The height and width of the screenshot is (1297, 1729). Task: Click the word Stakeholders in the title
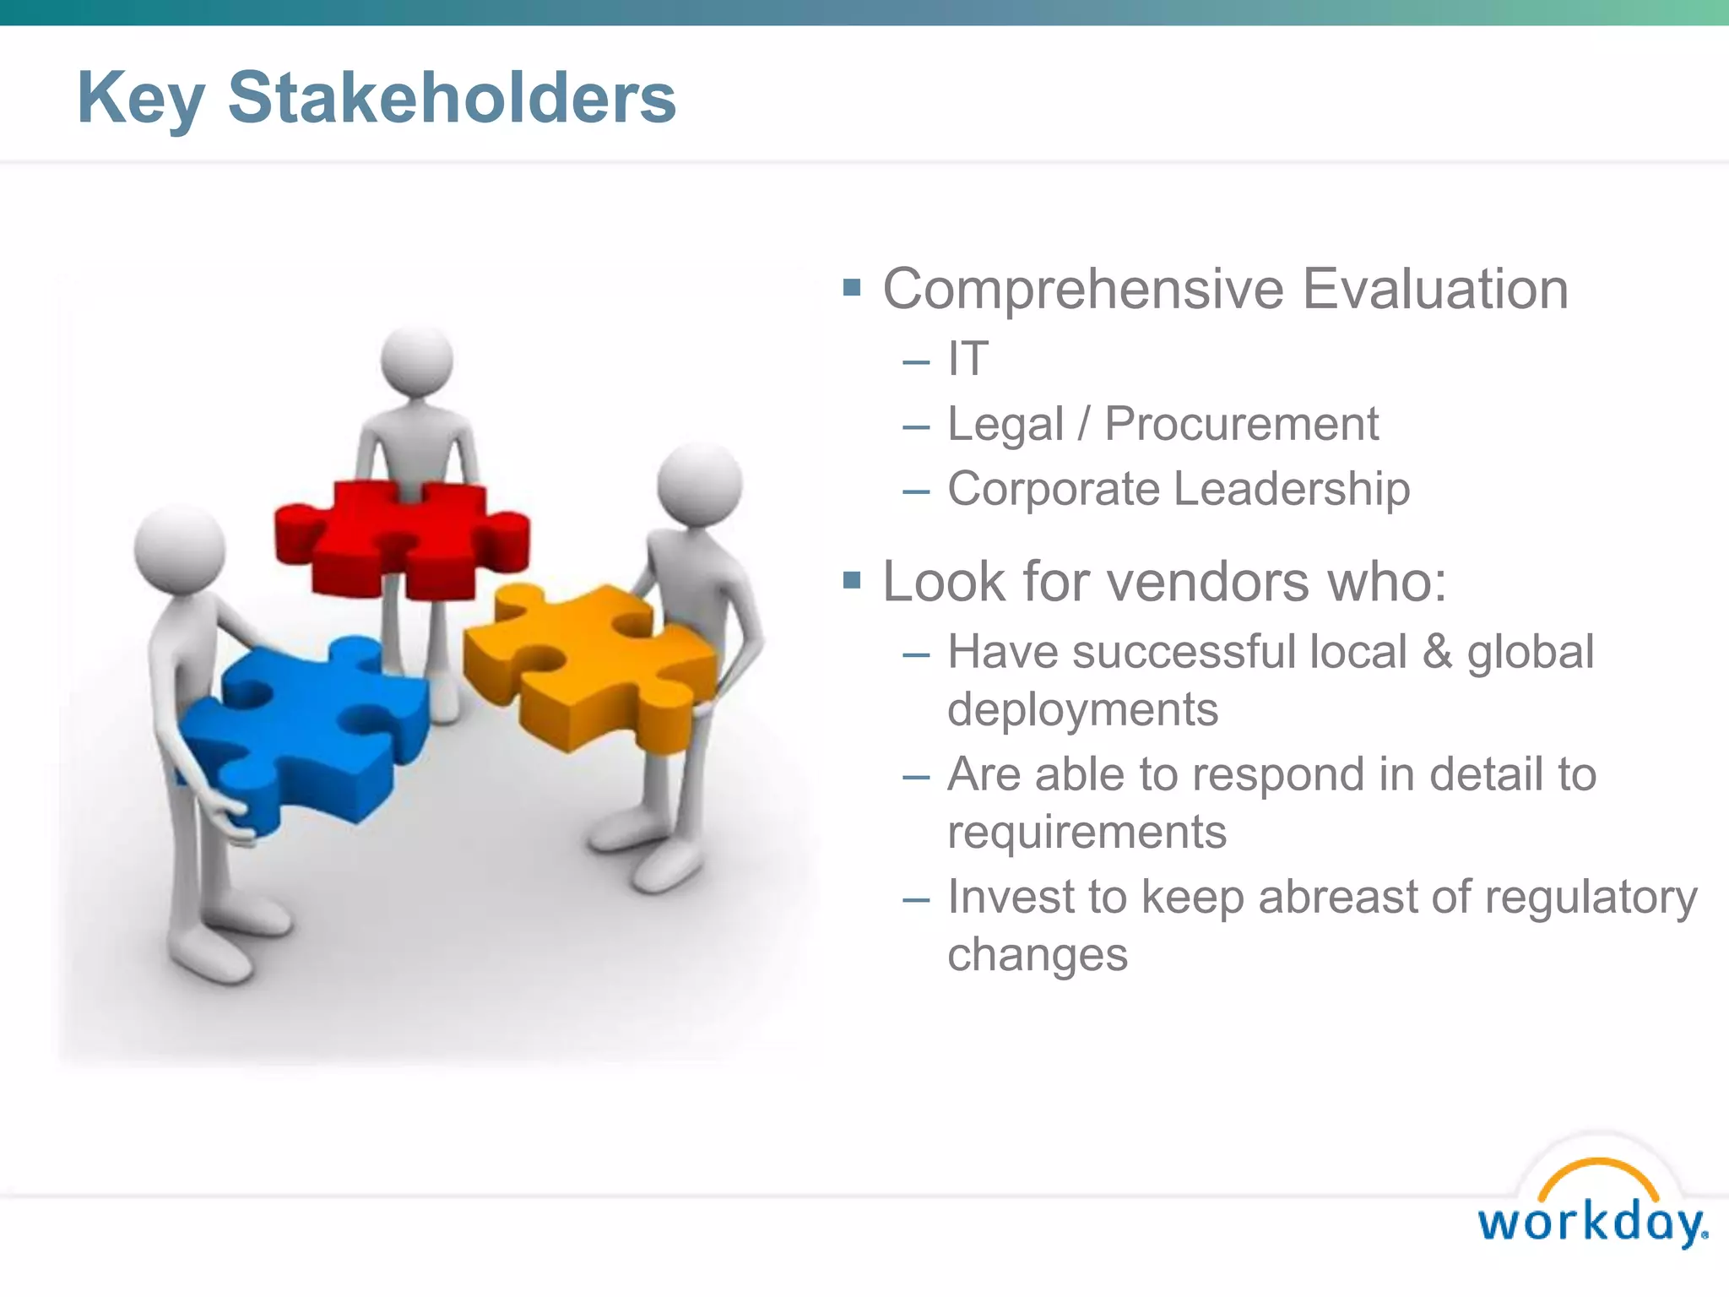point(452,98)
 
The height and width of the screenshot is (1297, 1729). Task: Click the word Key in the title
point(140,100)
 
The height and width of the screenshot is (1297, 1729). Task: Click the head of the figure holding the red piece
point(417,361)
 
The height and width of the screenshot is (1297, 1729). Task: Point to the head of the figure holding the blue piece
point(180,551)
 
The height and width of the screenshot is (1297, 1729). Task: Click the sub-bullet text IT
point(967,359)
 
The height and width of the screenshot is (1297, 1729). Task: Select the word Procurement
point(1241,424)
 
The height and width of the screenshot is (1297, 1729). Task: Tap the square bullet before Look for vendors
point(852,580)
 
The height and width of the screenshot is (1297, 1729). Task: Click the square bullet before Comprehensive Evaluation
point(852,289)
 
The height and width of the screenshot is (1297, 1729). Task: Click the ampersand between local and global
point(1436,653)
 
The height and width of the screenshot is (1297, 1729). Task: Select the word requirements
point(1087,833)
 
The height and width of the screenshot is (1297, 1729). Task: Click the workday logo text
point(1591,1223)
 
